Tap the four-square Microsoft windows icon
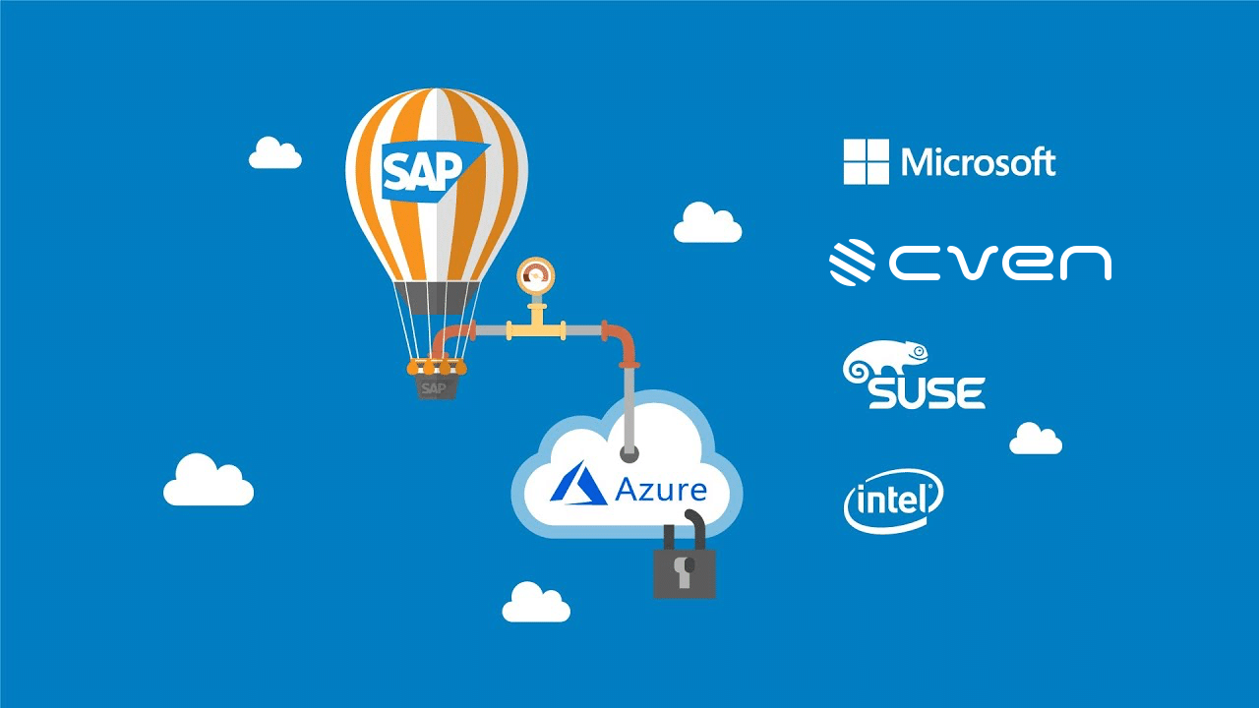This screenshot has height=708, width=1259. (x=866, y=161)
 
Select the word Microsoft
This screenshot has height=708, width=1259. (x=979, y=162)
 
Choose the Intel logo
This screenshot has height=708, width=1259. (x=892, y=501)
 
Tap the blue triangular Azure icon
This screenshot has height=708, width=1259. (x=579, y=486)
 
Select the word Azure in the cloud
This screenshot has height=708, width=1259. (x=660, y=489)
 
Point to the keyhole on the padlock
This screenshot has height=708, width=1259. (x=686, y=567)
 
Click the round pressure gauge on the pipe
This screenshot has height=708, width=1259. (x=536, y=275)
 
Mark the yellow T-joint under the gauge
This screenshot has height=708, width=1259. (x=536, y=328)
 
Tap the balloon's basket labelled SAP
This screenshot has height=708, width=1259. (x=433, y=386)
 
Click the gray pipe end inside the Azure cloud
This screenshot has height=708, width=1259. (x=629, y=453)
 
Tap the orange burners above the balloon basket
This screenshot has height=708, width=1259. (x=434, y=366)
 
